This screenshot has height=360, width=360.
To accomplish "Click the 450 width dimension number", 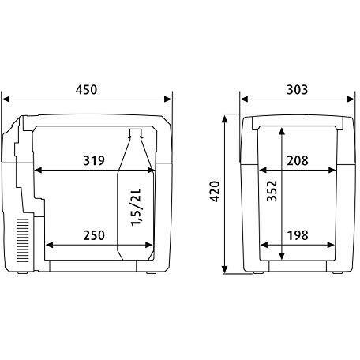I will tap(87, 89).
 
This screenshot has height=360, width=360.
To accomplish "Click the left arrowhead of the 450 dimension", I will tap(6, 100).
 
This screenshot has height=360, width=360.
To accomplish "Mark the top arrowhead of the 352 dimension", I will tap(280, 129).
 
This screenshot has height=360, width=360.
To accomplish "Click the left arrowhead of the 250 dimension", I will tap(51, 245).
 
